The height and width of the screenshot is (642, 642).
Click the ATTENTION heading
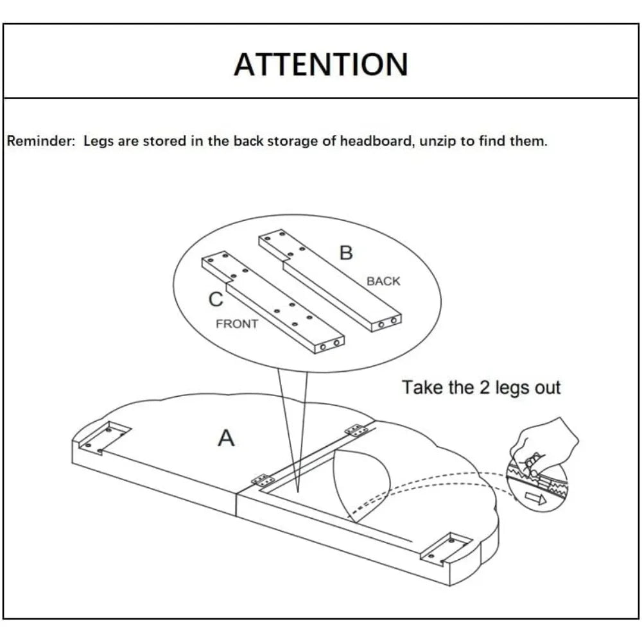pos(320,64)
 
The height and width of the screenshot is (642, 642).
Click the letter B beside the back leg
pos(346,253)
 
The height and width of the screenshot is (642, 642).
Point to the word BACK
pos(383,281)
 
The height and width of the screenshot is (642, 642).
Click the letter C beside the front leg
pos(216,299)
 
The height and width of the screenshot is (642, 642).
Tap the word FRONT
pos(237,324)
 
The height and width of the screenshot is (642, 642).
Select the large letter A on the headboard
pos(226,438)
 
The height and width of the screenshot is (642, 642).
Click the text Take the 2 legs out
pos(481,388)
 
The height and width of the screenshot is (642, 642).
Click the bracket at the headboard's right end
pos(451,546)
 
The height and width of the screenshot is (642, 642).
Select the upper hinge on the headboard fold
pos(356,429)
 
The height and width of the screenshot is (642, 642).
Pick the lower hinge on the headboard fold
pos(262,480)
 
